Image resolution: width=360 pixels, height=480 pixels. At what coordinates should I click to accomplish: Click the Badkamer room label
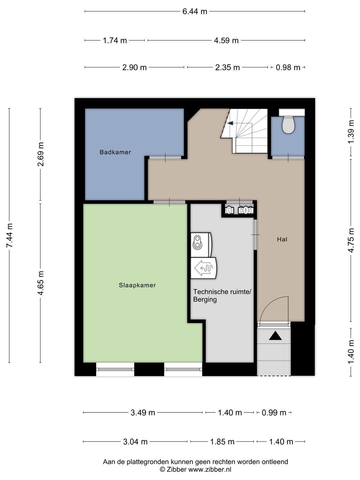[115, 152]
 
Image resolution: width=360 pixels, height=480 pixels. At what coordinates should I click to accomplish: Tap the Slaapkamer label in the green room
[137, 285]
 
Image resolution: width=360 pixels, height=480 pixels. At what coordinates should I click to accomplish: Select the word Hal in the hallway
[282, 239]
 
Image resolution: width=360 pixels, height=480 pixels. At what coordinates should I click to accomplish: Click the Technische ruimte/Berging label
[222, 295]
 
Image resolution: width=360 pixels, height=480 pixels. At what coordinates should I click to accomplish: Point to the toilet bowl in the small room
[288, 125]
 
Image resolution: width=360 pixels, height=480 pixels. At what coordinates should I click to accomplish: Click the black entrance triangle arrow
[275, 335]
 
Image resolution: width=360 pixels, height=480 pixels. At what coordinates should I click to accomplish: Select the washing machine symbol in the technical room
[201, 244]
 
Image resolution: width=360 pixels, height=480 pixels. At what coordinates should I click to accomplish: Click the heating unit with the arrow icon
[203, 268]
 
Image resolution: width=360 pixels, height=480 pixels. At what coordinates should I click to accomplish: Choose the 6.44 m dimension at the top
[195, 11]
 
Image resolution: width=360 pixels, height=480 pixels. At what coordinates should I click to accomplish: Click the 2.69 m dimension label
[41, 154]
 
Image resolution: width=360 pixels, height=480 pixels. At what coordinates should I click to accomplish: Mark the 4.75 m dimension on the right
[351, 240]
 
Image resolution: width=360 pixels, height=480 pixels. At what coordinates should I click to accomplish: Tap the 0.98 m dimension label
[288, 67]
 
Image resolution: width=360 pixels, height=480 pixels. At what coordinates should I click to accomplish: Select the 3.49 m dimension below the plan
[143, 413]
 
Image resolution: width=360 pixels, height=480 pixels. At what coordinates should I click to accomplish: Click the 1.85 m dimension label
[222, 442]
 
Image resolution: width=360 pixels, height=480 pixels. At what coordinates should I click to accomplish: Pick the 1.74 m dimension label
[115, 40]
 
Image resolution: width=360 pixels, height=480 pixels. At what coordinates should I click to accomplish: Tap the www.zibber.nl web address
[210, 469]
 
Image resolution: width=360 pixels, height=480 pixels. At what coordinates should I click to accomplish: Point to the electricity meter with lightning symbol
[246, 210]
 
